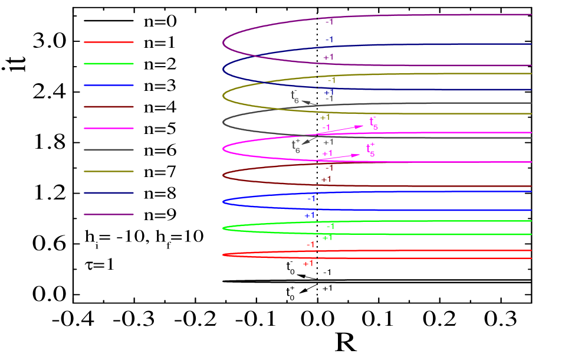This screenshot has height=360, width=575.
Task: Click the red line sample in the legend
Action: (109, 42)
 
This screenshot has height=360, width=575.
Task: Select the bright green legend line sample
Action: (109, 64)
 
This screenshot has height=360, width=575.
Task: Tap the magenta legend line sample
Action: (109, 128)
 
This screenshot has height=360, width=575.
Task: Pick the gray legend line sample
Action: (109, 150)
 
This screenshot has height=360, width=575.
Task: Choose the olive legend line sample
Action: (109, 172)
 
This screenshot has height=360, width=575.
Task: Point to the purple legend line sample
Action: (109, 215)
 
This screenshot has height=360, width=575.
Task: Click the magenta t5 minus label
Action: (373, 123)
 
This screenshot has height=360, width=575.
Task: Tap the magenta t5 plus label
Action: (370, 150)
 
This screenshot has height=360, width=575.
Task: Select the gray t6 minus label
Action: (295, 97)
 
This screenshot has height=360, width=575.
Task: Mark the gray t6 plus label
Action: (296, 146)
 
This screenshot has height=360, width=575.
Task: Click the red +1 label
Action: (308, 264)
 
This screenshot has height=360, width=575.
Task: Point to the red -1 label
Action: (310, 245)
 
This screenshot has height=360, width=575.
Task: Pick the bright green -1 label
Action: (330, 226)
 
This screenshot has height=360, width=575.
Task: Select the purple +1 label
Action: (328, 58)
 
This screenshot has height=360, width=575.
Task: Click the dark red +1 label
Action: (326, 179)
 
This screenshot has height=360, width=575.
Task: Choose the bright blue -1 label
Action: (311, 199)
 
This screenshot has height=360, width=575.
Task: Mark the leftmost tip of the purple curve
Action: (223, 43)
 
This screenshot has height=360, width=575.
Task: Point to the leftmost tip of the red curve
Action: (224, 255)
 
